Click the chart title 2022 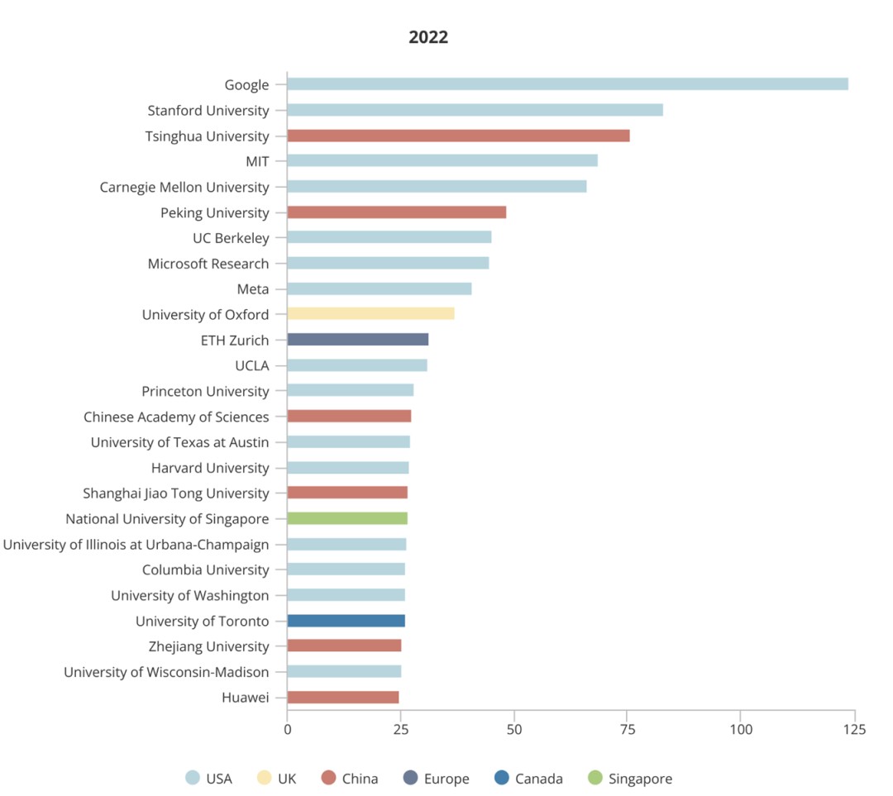tap(428, 37)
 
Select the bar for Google tap(567, 84)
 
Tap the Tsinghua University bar tap(458, 136)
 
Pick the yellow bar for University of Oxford tap(370, 314)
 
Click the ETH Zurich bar tap(358, 340)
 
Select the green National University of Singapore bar tap(347, 518)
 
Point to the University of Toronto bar tap(346, 621)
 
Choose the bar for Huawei tap(343, 698)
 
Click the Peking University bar tap(397, 212)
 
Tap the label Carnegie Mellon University tap(184, 187)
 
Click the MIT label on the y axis tap(257, 161)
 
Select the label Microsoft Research tap(208, 264)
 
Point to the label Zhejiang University tap(208, 646)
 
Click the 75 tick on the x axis tap(628, 729)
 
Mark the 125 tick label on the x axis tap(855, 729)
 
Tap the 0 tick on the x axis tap(288, 729)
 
